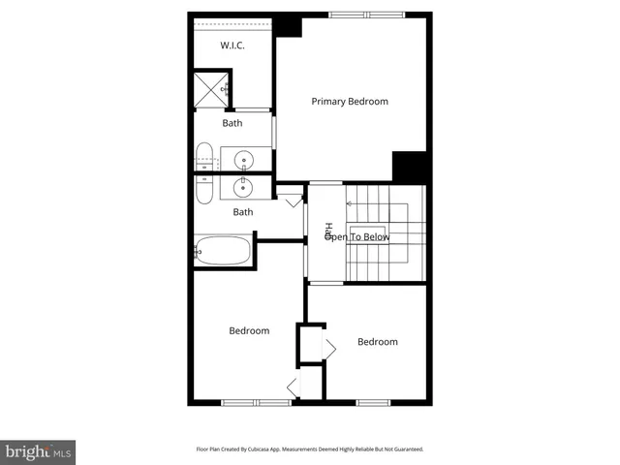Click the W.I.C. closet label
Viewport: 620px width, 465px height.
(x=232, y=46)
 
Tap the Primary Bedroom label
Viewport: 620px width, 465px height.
(x=349, y=102)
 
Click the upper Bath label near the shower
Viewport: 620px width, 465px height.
(x=232, y=123)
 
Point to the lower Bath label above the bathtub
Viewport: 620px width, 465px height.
(x=242, y=212)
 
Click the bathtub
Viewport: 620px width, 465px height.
(x=222, y=251)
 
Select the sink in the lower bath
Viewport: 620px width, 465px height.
(x=242, y=186)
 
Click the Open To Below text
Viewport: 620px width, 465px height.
(x=357, y=236)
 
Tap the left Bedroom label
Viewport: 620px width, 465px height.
(x=249, y=331)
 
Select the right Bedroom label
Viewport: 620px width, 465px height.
(x=377, y=342)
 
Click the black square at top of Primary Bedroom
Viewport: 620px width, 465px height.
(x=289, y=26)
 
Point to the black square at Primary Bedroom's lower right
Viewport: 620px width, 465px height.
(x=411, y=166)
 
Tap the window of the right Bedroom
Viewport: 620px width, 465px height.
(x=373, y=402)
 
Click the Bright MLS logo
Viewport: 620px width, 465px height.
(x=38, y=452)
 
